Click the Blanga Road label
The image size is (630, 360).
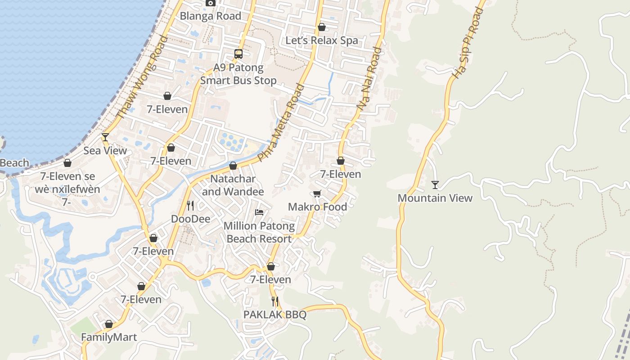click(210, 16)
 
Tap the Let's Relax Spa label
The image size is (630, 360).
click(322, 40)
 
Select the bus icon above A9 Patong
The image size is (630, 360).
click(238, 54)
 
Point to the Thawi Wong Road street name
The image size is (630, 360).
click(142, 77)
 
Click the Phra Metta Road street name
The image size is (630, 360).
click(281, 123)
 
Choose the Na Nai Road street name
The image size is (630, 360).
click(369, 78)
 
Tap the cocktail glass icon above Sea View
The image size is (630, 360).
click(105, 137)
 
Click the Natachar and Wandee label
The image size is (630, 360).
click(233, 185)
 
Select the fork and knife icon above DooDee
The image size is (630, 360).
click(190, 206)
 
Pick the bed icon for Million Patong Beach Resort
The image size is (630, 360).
click(259, 212)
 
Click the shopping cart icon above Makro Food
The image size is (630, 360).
click(317, 194)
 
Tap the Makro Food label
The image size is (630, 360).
click(317, 207)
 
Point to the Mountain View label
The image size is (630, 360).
click(435, 198)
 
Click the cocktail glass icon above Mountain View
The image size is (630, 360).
click(435, 185)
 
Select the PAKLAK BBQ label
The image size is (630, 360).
click(274, 315)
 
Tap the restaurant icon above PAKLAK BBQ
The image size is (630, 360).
click(274, 301)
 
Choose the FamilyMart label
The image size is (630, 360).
click(109, 337)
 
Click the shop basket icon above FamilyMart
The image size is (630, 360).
click(109, 324)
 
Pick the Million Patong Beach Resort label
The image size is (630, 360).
click(259, 232)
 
